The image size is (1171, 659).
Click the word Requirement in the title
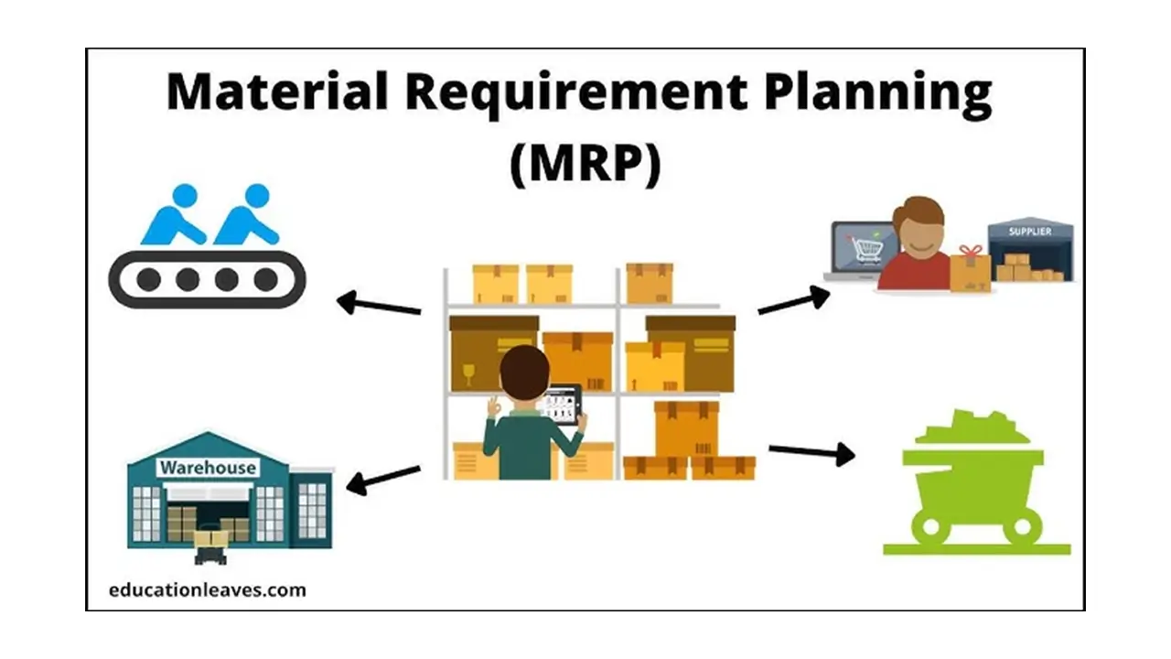[x=576, y=94]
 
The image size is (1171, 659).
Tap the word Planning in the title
[x=877, y=94]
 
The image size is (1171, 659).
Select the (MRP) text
[x=585, y=164]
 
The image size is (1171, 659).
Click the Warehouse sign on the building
[x=208, y=468]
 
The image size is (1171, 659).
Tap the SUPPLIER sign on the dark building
[x=1030, y=232]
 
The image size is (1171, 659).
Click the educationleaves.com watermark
[x=208, y=590]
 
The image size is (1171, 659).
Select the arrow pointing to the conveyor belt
[x=379, y=304]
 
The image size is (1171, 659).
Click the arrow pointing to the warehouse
[x=383, y=480]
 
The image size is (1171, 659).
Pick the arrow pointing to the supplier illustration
[x=794, y=301]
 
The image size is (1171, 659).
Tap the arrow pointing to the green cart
[x=811, y=452]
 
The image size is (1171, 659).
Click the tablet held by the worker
[x=564, y=405]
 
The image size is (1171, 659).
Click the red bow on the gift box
[x=971, y=252]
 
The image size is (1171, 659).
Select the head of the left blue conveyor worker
[x=185, y=196]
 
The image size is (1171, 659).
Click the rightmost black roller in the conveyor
[x=265, y=280]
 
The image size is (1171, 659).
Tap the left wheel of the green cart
[x=931, y=526]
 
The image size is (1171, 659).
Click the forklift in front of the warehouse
[x=210, y=546]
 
